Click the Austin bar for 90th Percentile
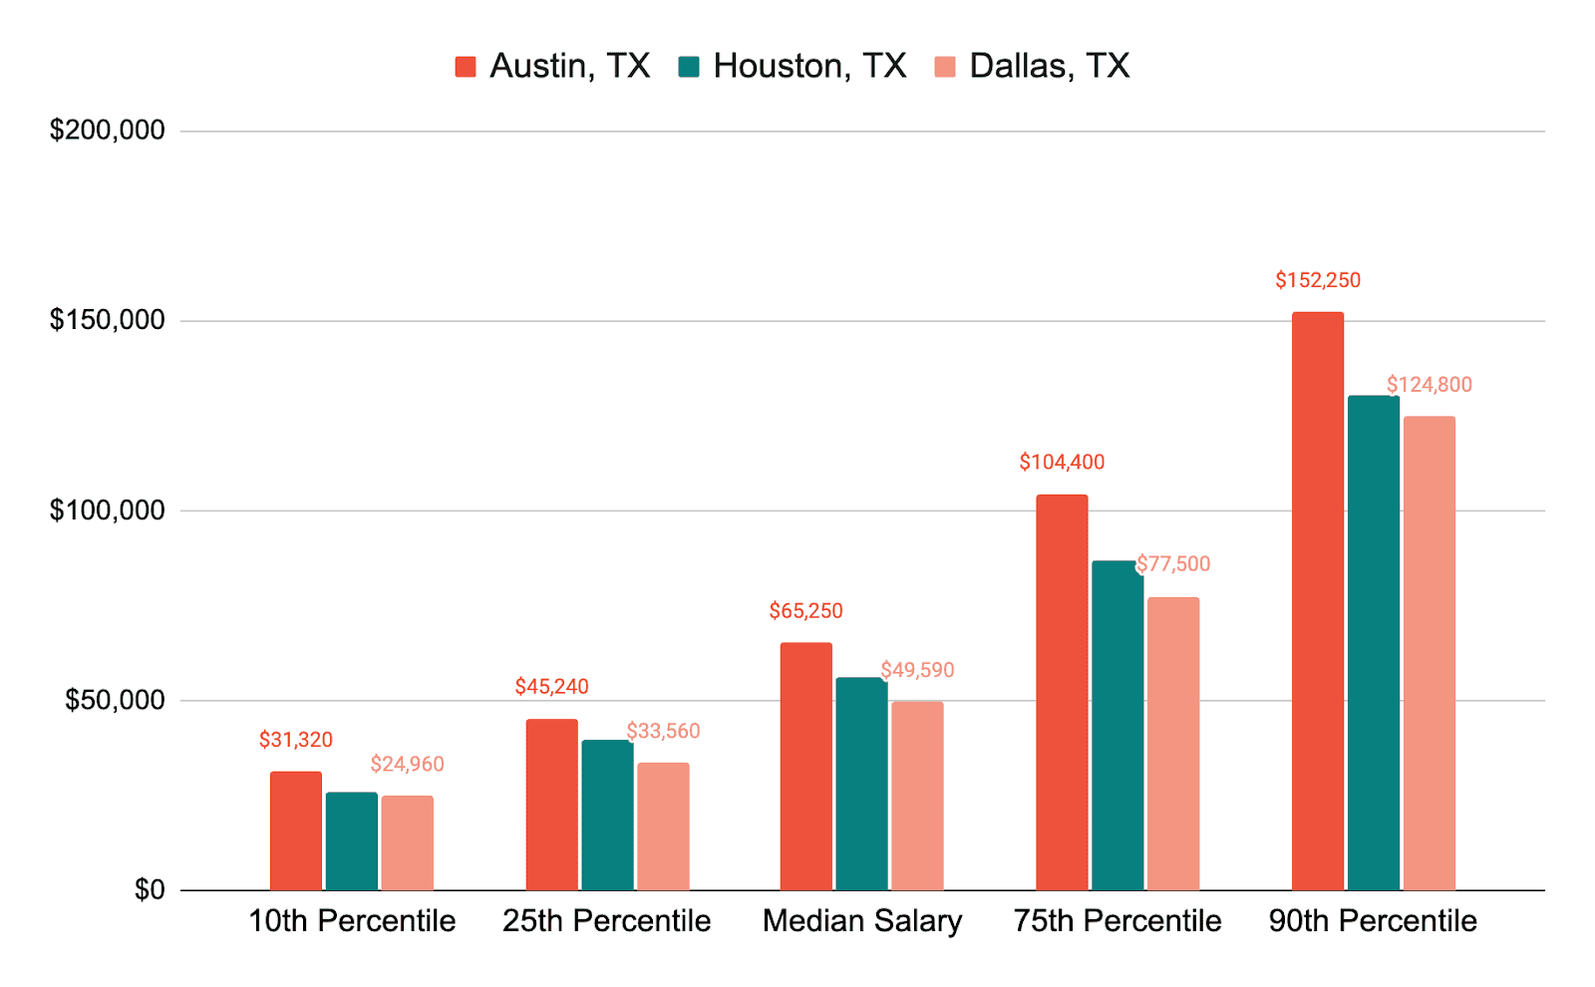(x=1317, y=601)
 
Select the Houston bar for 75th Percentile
(x=1117, y=726)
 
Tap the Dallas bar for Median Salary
(x=917, y=797)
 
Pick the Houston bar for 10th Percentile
(x=352, y=841)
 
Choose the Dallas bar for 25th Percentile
(x=663, y=826)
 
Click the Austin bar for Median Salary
(x=806, y=767)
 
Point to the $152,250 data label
(x=1317, y=280)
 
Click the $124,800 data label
(x=1430, y=385)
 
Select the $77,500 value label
(x=1172, y=564)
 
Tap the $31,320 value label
(x=295, y=740)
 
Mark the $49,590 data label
(x=917, y=670)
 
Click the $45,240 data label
(x=552, y=687)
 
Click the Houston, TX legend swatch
(x=689, y=66)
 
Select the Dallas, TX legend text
(x=1050, y=66)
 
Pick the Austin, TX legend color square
(x=466, y=66)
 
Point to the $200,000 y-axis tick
(x=107, y=131)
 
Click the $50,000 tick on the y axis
(x=115, y=700)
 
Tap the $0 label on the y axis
(x=150, y=890)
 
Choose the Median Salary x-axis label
(x=861, y=921)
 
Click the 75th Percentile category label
(x=1117, y=921)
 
